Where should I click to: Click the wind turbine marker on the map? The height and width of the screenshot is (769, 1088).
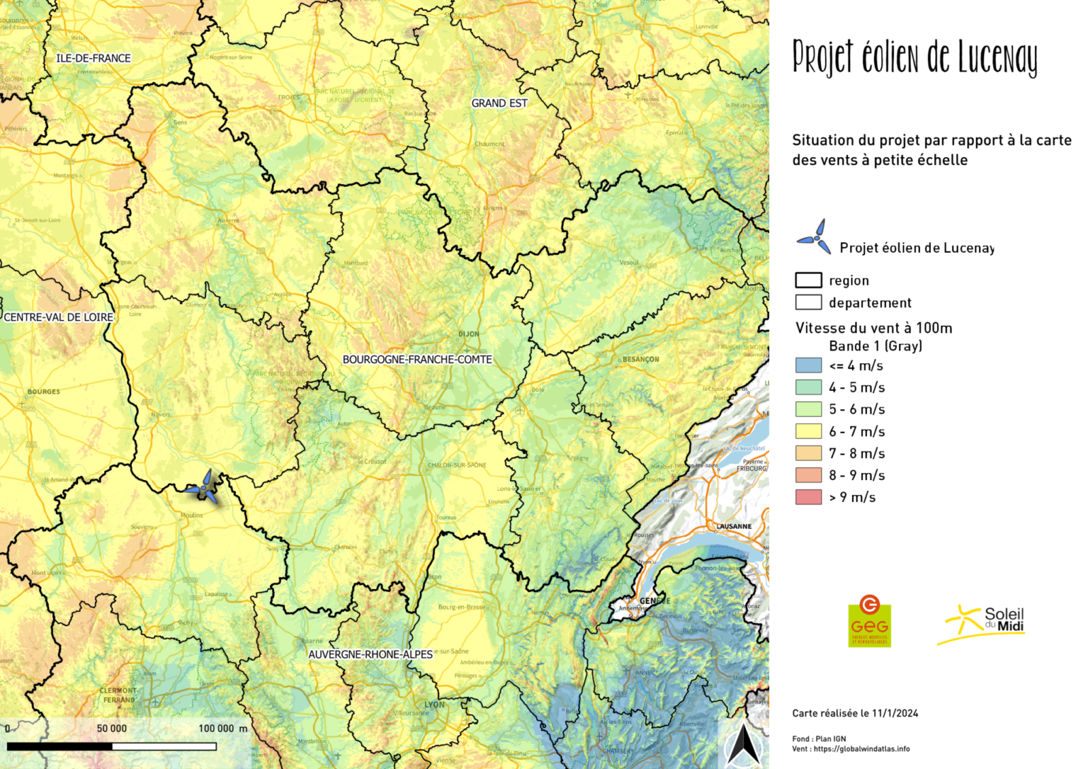point(204,487)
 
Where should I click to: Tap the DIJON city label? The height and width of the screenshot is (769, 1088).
point(469,334)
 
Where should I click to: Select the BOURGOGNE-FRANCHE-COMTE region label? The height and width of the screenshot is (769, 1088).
point(417,359)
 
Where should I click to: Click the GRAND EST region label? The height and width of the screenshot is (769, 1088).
point(499,103)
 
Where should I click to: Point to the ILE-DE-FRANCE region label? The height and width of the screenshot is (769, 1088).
point(93,58)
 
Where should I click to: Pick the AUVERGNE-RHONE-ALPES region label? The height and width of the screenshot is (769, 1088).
point(371,654)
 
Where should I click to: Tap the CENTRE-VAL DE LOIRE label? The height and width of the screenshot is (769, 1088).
point(58,317)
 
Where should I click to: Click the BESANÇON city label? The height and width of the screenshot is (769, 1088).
point(641,359)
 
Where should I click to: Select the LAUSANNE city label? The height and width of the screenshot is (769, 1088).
point(734,526)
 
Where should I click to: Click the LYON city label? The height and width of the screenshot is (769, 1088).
point(435,704)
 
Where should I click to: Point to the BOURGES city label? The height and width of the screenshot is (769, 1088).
point(44,392)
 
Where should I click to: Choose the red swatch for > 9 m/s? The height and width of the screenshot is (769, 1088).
point(809,497)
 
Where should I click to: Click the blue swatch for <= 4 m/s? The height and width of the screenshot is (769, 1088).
point(809,365)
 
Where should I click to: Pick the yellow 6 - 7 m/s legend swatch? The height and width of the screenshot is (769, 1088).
point(809,431)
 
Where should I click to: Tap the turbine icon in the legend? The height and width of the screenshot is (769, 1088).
point(815,237)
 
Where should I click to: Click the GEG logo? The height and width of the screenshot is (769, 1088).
point(869,621)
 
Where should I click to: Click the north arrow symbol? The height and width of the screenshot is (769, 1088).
point(744,745)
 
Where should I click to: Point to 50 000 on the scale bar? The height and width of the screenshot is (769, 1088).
point(112,728)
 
